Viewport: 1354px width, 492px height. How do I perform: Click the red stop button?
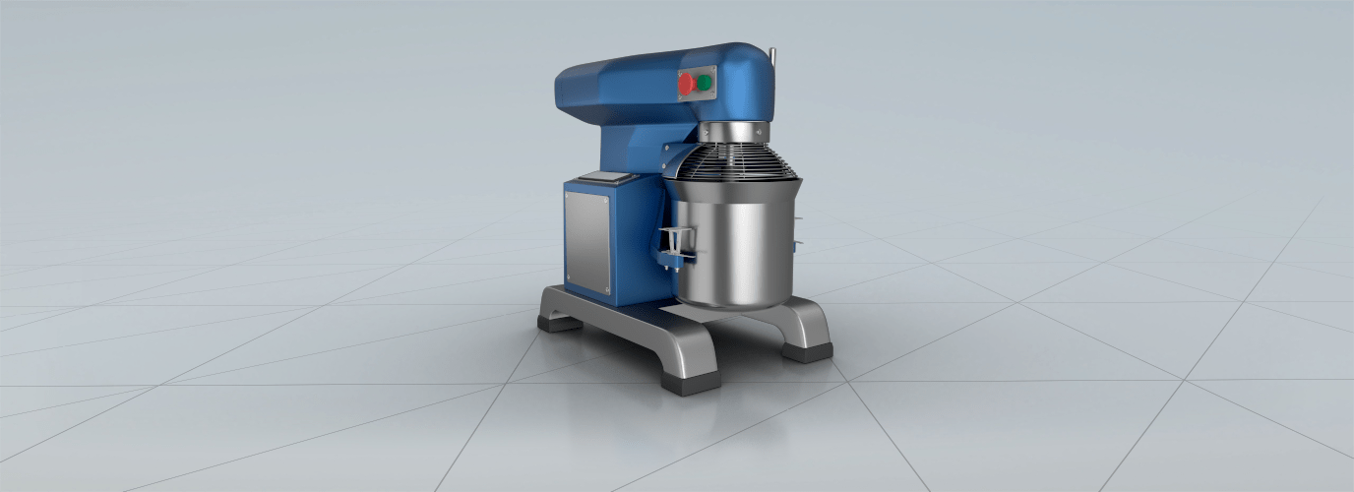pyautogui.click(x=686, y=86)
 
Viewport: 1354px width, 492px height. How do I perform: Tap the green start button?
pyautogui.click(x=706, y=83)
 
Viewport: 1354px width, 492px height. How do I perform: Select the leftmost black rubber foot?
pyautogui.click(x=558, y=323)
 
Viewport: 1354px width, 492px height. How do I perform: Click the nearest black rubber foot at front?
pyautogui.click(x=690, y=382)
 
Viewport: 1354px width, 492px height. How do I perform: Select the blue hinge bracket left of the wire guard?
pyautogui.click(x=679, y=156)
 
